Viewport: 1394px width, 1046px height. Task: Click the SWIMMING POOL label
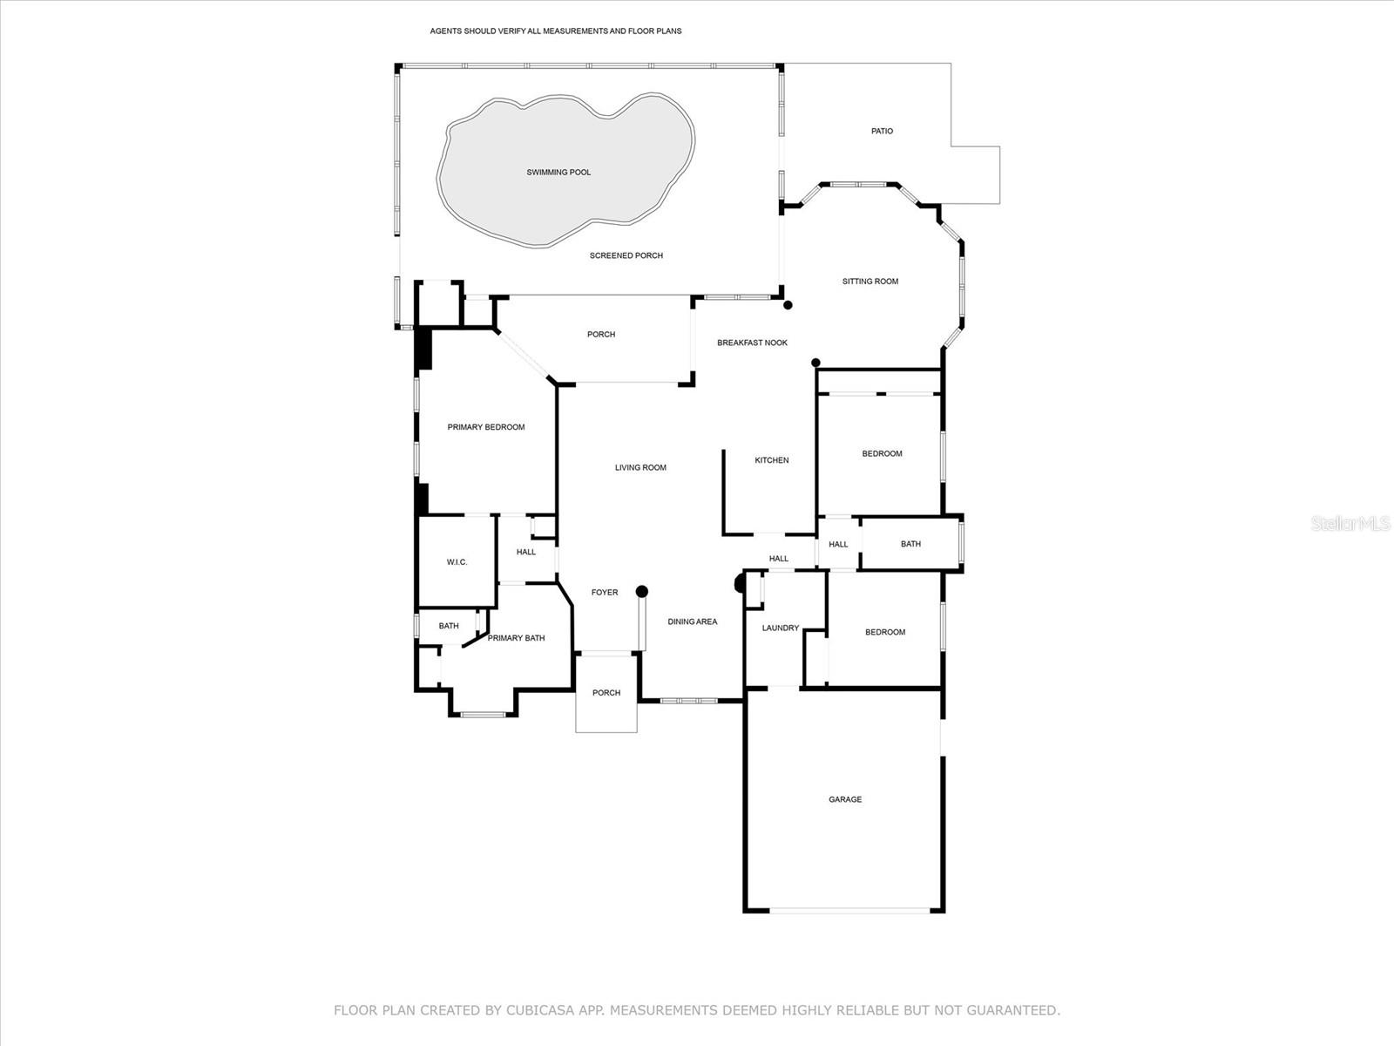coord(558,173)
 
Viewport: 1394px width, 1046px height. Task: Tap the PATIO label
coord(882,132)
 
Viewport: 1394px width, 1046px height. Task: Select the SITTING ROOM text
coord(870,282)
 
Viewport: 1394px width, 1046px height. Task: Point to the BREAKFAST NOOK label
coord(752,343)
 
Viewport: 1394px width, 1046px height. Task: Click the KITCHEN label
coord(771,460)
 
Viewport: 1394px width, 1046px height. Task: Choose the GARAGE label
coord(844,799)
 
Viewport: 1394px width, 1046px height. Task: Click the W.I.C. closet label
coord(457,562)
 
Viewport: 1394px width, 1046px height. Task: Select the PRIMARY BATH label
coord(516,638)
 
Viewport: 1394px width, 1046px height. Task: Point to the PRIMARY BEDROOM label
coord(485,427)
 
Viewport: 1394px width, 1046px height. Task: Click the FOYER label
coord(604,593)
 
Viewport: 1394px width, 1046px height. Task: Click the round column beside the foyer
coord(642,592)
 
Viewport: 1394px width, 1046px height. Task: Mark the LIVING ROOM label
coord(640,468)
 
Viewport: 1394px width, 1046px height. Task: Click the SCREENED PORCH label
coord(626,256)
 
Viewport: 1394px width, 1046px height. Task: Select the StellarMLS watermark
coord(1351,524)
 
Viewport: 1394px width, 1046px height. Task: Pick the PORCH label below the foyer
coord(606,693)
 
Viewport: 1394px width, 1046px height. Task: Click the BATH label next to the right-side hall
coord(910,544)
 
